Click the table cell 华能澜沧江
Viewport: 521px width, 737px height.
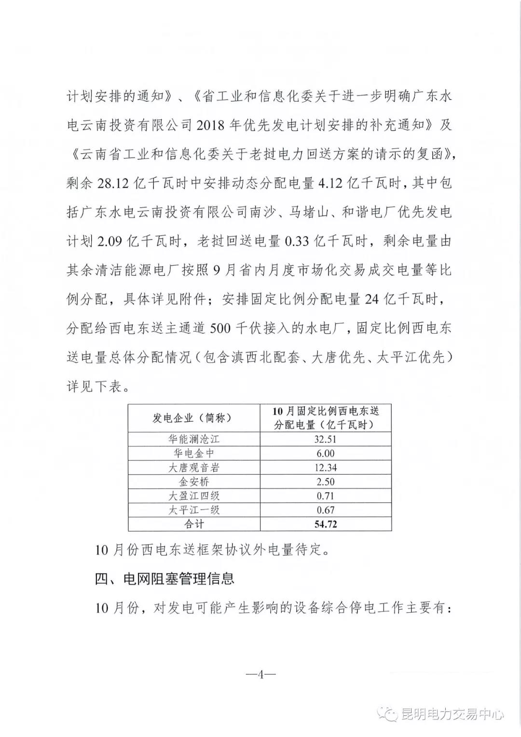tap(194, 439)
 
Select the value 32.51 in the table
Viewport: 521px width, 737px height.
tap(326, 439)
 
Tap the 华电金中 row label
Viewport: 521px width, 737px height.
tap(194, 453)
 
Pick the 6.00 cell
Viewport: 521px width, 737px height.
tap(326, 453)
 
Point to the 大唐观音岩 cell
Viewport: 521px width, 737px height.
tap(194, 468)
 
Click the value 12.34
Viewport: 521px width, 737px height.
tap(326, 468)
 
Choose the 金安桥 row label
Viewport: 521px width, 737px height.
tap(194, 482)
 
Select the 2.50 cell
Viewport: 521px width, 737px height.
tap(326, 482)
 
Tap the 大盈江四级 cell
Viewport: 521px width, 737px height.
tap(194, 496)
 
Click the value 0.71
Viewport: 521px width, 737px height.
tap(326, 496)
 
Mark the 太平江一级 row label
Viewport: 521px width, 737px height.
tap(194, 510)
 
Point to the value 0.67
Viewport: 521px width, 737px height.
tap(326, 510)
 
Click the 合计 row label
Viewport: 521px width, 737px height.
tap(194, 524)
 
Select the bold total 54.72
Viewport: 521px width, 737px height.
tap(326, 524)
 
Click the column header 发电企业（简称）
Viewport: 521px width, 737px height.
tap(194, 418)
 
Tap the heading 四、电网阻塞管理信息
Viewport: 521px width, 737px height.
tap(165, 578)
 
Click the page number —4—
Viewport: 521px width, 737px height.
tap(260, 674)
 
